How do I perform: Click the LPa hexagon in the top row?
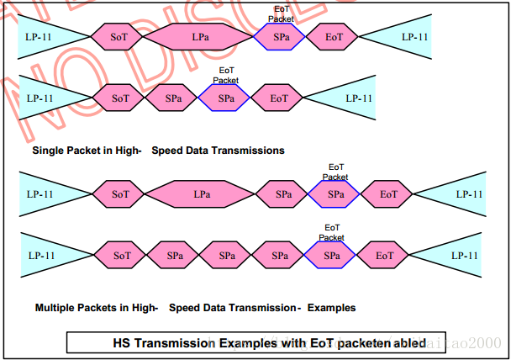pyautogui.click(x=200, y=37)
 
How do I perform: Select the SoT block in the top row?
pyautogui.click(x=119, y=37)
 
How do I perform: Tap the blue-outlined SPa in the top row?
pyautogui.click(x=280, y=37)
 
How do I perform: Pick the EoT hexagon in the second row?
pyautogui.click(x=279, y=98)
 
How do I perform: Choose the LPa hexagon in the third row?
pyautogui.click(x=202, y=194)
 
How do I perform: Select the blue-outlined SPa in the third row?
pyautogui.click(x=335, y=194)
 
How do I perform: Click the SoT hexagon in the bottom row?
pyautogui.click(x=121, y=255)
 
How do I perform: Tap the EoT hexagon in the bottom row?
pyautogui.click(x=385, y=255)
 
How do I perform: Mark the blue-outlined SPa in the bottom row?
pyautogui.click(x=332, y=255)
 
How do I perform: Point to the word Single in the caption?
pyautogui.click(x=50, y=151)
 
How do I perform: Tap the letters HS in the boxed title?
pyautogui.click(x=122, y=342)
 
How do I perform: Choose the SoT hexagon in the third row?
pyautogui.click(x=121, y=194)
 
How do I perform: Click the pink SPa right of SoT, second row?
pyautogui.click(x=173, y=98)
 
